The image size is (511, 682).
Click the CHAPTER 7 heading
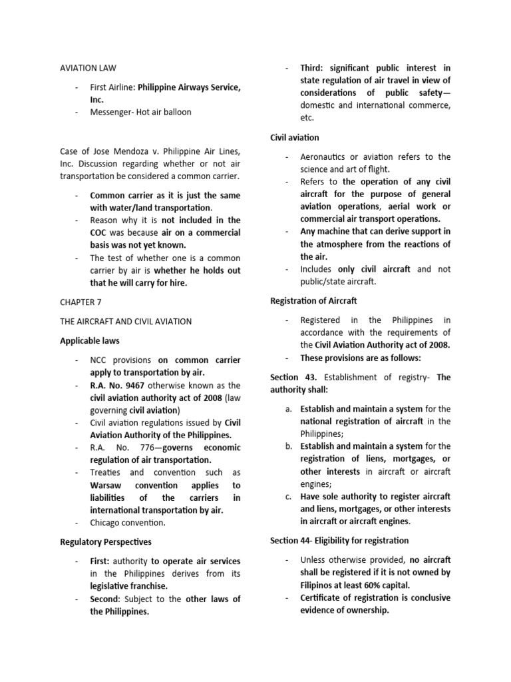click(x=81, y=302)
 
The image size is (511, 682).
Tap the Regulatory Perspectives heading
click(x=105, y=542)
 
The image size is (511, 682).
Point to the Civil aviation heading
click(x=295, y=137)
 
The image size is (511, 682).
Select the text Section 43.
click(x=289, y=377)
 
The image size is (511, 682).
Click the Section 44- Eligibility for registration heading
click(x=339, y=540)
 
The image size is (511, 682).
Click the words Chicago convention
click(x=128, y=523)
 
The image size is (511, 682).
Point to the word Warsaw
click(x=110, y=485)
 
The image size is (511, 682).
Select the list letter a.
click(x=288, y=409)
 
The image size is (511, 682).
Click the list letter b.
click(x=288, y=446)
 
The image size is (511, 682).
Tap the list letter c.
click(x=288, y=496)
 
